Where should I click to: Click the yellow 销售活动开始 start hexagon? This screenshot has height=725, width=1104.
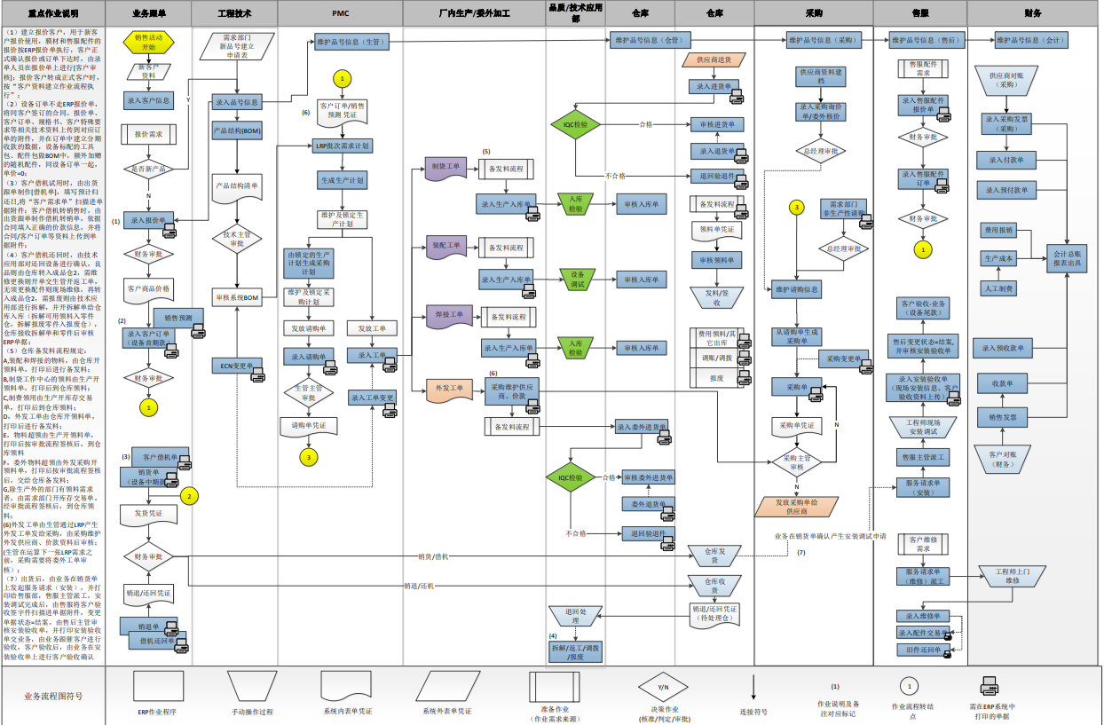149,42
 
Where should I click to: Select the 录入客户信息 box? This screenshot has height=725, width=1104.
149,100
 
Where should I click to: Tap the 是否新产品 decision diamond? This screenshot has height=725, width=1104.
149,168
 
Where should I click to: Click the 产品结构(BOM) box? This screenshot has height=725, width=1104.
237,130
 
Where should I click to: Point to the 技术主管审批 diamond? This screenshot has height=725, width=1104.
237,239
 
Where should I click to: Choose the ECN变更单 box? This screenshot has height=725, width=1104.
237,366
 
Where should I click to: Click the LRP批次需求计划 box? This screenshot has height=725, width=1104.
342,146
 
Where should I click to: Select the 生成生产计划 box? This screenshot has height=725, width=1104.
342,180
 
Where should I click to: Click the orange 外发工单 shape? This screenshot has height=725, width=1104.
446,389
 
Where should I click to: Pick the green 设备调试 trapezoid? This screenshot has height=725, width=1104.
577,278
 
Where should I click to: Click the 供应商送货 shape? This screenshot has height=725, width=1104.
714,60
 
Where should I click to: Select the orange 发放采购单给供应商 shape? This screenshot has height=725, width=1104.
796,507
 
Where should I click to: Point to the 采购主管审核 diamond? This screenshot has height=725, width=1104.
796,461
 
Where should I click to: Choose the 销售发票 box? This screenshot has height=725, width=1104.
1002,416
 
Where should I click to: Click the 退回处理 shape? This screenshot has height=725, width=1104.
576,616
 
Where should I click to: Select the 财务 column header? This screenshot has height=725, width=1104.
1033,13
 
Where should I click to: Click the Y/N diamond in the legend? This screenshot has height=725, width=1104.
663,687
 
